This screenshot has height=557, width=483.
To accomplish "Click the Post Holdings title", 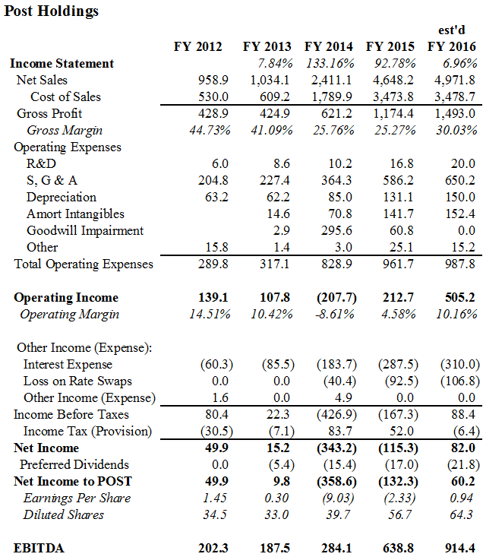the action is [52, 11].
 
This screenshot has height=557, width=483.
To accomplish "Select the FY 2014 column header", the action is [329, 46].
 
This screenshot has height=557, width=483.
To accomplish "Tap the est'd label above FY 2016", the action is [451, 30].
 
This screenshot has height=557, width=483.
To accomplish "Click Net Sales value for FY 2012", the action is [213, 80].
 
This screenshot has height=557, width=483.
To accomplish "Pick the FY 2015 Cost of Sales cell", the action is [393, 97].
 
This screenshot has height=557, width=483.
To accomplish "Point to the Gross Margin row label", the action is [65, 131].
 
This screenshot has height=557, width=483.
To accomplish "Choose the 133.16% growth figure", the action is [330, 64].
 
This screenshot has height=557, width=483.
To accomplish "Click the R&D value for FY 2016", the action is [462, 163].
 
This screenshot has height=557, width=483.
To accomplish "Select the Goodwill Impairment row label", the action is [85, 230].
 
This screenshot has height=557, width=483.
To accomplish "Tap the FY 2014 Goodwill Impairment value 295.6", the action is [336, 230].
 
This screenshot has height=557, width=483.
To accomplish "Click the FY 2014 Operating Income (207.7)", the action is [336, 297].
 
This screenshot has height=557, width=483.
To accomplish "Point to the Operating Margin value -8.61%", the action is [335, 314].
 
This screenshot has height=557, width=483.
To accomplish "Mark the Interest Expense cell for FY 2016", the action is [460, 364].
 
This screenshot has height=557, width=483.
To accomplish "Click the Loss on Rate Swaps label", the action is [77, 381].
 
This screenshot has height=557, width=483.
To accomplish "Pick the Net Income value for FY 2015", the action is [398, 448].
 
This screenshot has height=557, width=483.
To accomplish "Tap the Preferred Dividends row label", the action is [74, 464].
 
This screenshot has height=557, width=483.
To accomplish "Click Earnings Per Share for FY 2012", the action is [215, 498].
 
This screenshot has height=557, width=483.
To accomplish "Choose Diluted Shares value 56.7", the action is [399, 514].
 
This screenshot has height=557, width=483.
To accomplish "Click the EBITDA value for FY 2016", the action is [460, 548].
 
